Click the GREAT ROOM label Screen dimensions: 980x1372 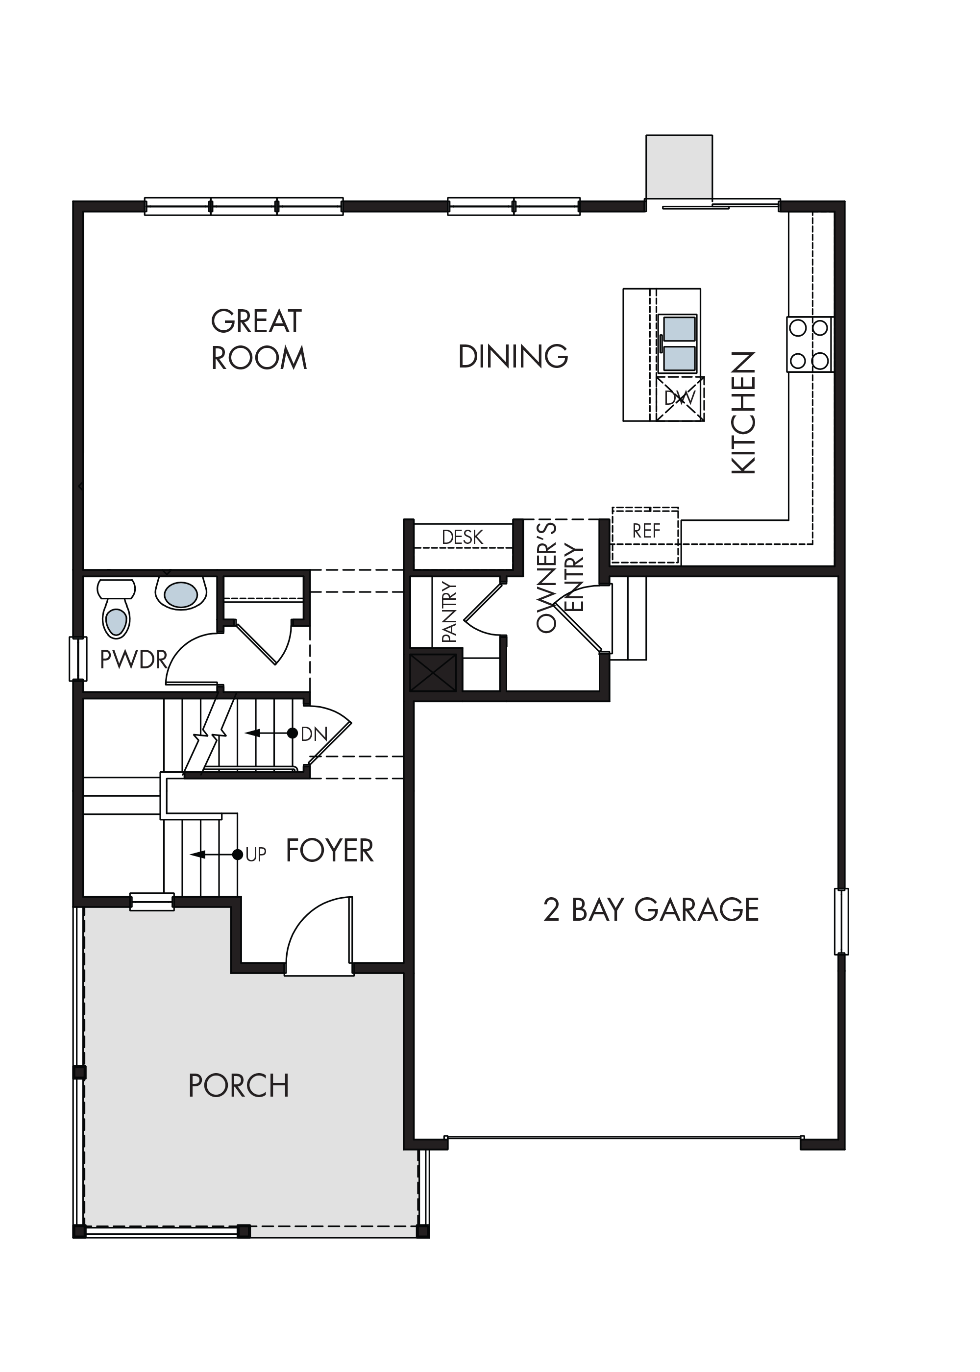coord(259,339)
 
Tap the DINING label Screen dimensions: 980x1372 coord(514,357)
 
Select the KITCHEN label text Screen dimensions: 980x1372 coord(743,413)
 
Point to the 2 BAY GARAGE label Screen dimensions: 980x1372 coord(651,910)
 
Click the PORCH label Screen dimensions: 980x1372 coord(239,1086)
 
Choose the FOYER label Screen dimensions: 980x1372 coord(329,851)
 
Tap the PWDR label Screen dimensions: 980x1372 coord(133,660)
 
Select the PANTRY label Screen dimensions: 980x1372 coord(449,611)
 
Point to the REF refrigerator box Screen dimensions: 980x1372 coord(646,536)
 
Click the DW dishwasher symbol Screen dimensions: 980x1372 coord(681,398)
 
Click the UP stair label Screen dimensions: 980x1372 coord(256,855)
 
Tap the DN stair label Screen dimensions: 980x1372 coord(314,735)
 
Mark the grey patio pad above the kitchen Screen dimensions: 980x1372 coord(679,167)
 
